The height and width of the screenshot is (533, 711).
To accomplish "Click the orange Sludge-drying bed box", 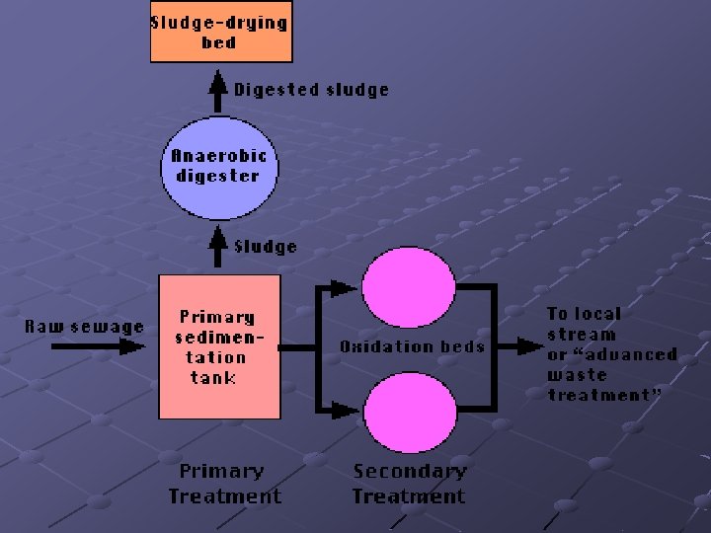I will pyautogui.click(x=220, y=33).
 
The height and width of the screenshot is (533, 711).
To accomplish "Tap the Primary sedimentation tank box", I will pyautogui.click(x=219, y=346).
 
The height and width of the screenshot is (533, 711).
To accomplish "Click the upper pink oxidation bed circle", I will pyautogui.click(x=408, y=283).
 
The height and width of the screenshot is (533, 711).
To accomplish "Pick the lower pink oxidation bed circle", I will pyautogui.click(x=408, y=408).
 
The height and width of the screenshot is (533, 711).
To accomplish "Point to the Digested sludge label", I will pyautogui.click(x=311, y=90).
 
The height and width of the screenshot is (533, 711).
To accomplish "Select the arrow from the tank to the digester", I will pyautogui.click(x=220, y=248).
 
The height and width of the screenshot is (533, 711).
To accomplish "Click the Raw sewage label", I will pyautogui.click(x=84, y=326).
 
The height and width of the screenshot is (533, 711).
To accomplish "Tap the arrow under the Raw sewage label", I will pyautogui.click(x=97, y=346).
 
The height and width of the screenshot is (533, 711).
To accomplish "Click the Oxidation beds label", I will pyautogui.click(x=412, y=346).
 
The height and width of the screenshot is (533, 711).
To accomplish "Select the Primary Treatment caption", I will pyautogui.click(x=224, y=484).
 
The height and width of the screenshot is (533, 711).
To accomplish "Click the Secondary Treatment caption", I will pyautogui.click(x=409, y=484).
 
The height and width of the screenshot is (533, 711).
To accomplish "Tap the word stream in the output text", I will pyautogui.click(x=581, y=334).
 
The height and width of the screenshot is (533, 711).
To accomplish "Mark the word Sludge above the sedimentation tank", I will pyautogui.click(x=265, y=246).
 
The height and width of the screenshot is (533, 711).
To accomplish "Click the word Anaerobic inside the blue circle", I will pyautogui.click(x=219, y=156).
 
